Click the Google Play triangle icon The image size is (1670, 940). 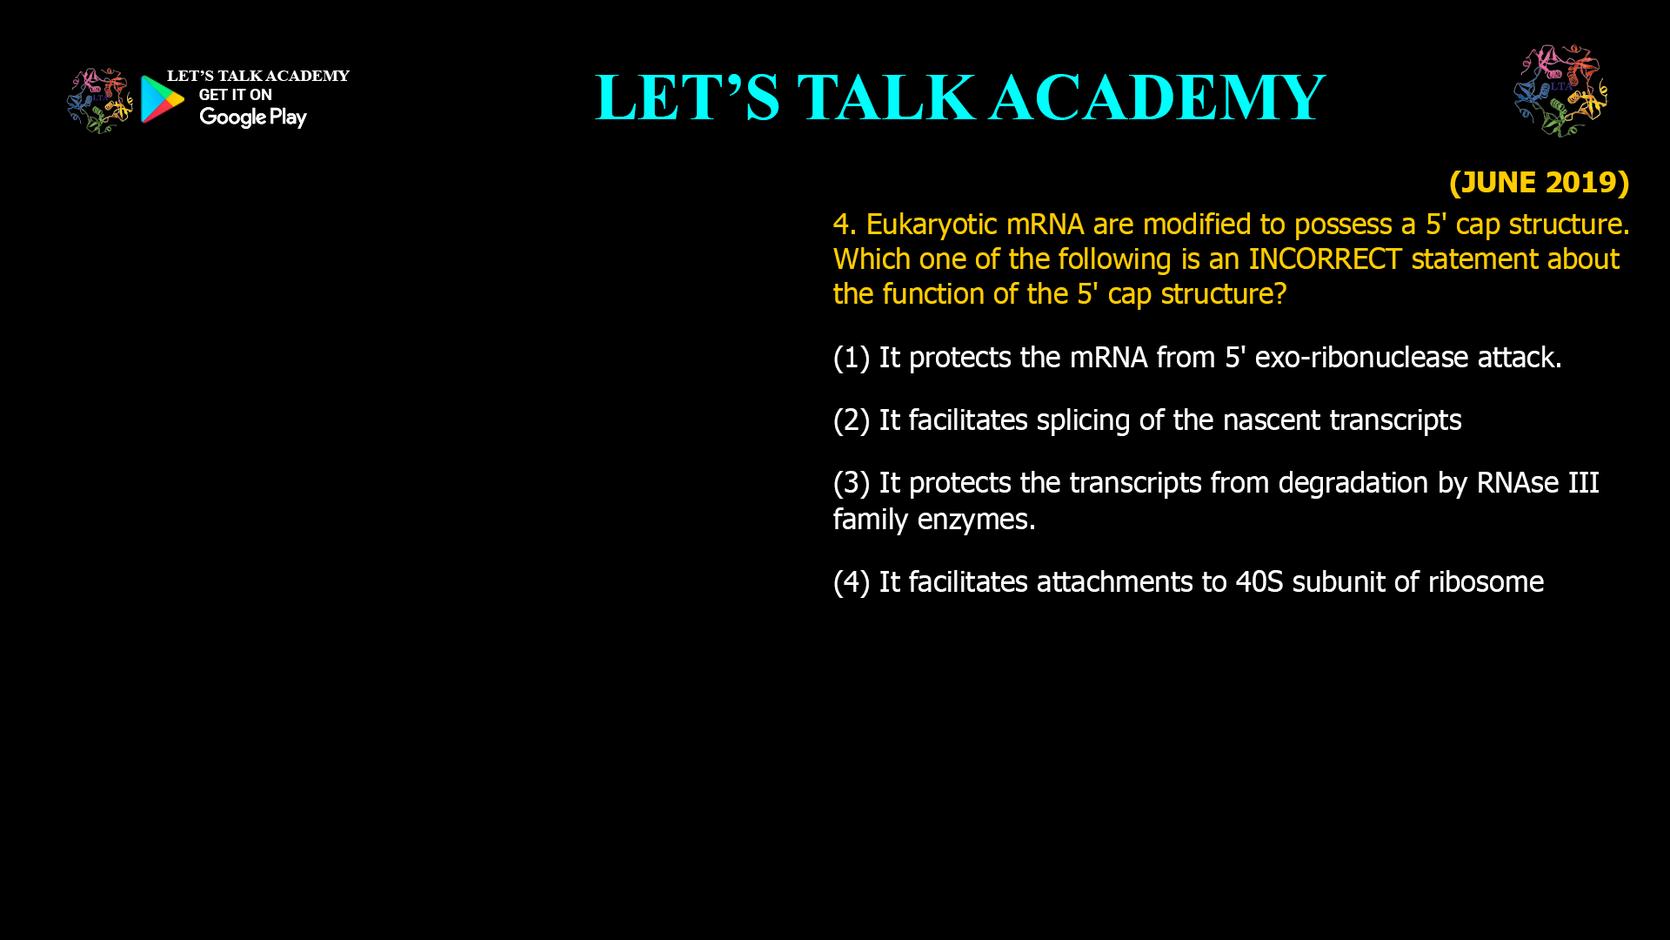(x=162, y=99)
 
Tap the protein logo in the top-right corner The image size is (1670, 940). (x=1560, y=91)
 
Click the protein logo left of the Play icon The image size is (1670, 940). (x=99, y=101)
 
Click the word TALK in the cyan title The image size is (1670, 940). (x=885, y=97)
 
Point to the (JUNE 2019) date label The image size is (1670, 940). (x=1539, y=182)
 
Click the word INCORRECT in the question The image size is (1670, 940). (x=1325, y=259)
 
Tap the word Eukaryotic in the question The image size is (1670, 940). (x=932, y=225)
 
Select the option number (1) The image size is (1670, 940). (x=852, y=358)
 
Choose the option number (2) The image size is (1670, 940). (x=852, y=420)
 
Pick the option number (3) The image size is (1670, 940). (x=852, y=483)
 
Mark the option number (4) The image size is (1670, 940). (x=852, y=582)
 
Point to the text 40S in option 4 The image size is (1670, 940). (x=1259, y=582)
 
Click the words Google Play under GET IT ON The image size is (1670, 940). (x=252, y=117)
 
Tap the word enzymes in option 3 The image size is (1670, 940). (x=976, y=520)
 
